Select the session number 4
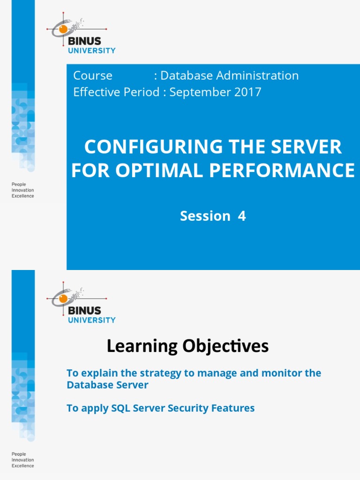(242, 216)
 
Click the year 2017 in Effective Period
(248, 92)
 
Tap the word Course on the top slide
(93, 75)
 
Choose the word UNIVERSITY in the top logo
(92, 51)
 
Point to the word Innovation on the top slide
(22, 190)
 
